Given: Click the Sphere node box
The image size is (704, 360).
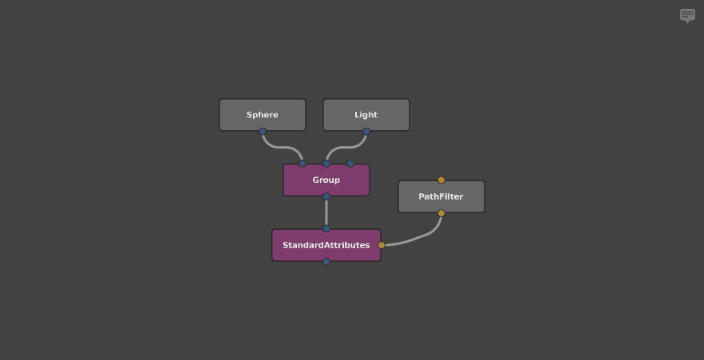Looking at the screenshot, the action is click(263, 115).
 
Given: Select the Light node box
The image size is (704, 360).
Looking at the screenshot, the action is click(366, 115).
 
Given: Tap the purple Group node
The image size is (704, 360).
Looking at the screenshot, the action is click(326, 180).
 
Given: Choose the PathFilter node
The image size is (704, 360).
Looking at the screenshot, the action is click(441, 196).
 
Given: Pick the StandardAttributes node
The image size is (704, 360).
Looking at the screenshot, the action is click(326, 245).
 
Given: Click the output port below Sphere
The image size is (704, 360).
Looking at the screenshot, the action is click(263, 132).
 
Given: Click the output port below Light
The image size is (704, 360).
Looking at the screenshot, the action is click(366, 132).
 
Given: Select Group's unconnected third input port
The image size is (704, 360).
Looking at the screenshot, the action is click(350, 164).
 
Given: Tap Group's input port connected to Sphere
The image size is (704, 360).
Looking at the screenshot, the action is click(303, 164).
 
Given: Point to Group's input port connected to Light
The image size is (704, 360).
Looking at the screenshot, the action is click(326, 164).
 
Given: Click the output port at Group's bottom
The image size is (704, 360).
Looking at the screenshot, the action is click(326, 196).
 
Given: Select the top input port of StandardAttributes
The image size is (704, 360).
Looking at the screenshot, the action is click(326, 228).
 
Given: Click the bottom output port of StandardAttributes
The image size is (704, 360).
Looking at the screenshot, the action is click(326, 262).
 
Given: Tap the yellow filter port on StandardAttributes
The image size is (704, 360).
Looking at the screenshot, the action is click(382, 245).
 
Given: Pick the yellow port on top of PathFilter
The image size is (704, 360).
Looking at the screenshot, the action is click(441, 180).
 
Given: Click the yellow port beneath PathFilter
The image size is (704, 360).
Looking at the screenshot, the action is click(441, 213).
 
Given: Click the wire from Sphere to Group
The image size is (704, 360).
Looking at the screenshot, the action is click(283, 147).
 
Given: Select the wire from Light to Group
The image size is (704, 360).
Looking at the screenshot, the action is click(346, 147).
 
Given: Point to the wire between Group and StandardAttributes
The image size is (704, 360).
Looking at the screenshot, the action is click(326, 213).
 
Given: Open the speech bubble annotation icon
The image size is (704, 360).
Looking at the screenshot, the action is click(687, 16).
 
